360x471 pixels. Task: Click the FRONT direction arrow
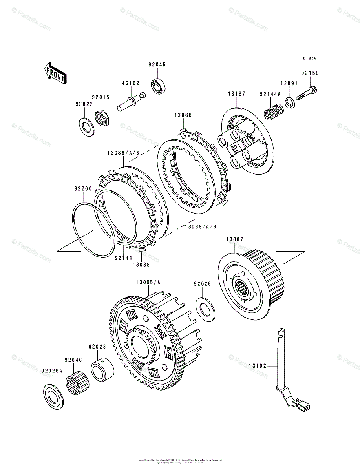click(55, 73)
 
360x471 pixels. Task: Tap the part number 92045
click(157, 65)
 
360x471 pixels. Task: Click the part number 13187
click(237, 94)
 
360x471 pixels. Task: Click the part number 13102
click(258, 366)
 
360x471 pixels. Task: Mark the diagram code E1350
click(310, 58)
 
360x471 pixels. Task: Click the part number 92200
click(82, 188)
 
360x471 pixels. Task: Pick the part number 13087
click(235, 239)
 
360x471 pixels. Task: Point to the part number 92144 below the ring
click(123, 257)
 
